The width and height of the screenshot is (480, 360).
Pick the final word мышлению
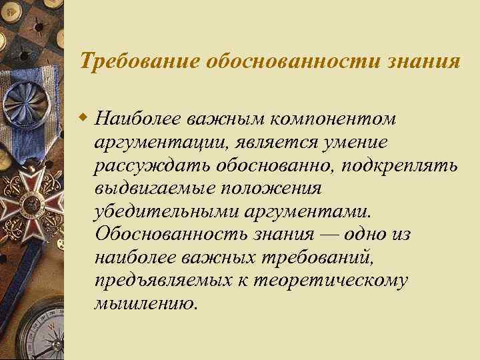(146, 303)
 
